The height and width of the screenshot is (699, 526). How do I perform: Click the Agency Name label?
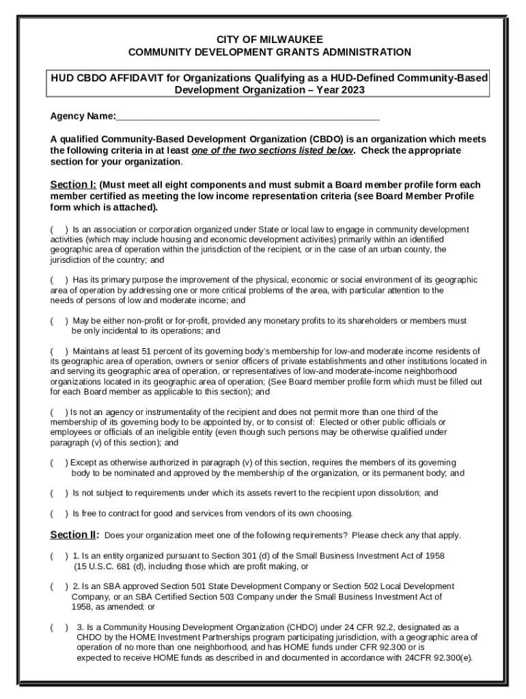click(83, 116)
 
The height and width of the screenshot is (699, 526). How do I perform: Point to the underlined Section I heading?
click(73, 185)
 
